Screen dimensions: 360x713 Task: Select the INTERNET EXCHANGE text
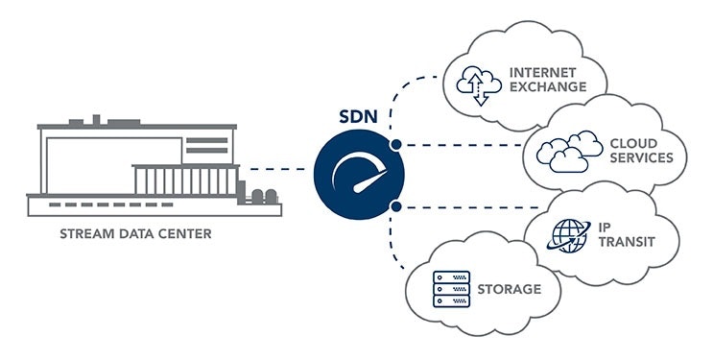(x=547, y=79)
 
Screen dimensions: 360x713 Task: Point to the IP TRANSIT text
(x=622, y=234)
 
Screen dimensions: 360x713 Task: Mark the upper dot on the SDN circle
(x=395, y=145)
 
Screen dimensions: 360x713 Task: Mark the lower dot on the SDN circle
(x=395, y=205)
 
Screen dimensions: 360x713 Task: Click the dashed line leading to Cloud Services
(x=461, y=145)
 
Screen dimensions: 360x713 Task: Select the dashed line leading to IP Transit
(x=461, y=205)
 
